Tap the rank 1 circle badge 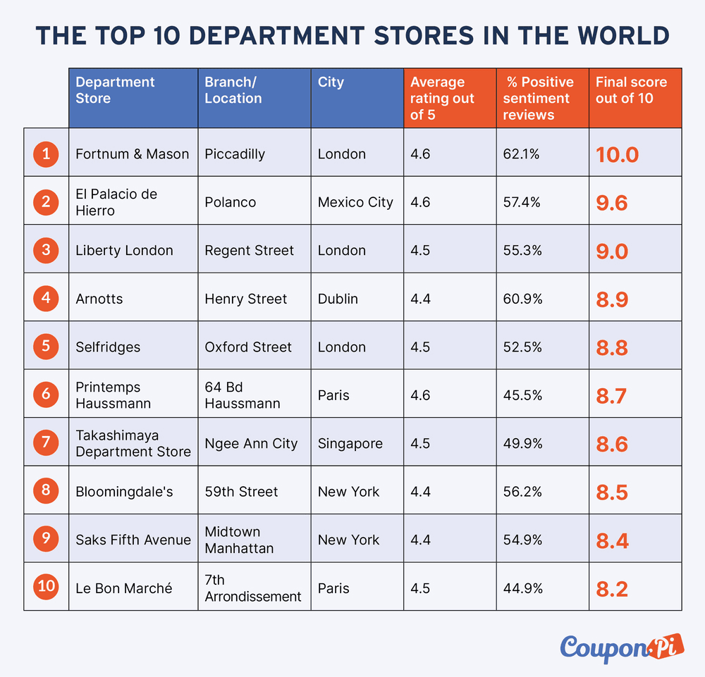pos(46,153)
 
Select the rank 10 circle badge pos(46,588)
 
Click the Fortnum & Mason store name pos(133,154)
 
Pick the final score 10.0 pos(617,154)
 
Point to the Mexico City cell pos(355,202)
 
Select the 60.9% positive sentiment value pos(522,299)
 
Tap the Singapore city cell pos(350,444)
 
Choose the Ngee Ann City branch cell pos(251,444)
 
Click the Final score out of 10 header pos(631,90)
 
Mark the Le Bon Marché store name pos(124,588)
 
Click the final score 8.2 pos(612,589)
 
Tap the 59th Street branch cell pos(241,492)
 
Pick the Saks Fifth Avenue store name pos(133,540)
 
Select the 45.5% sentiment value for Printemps pos(522,395)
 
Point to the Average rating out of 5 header pos(443,98)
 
